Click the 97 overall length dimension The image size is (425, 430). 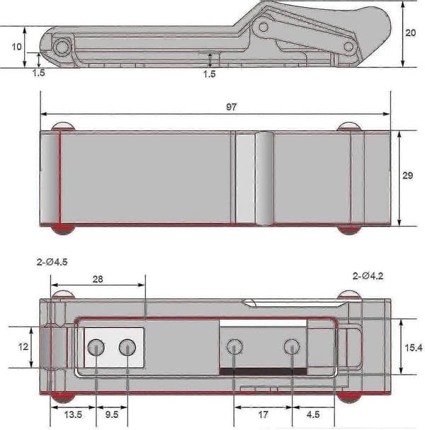(231, 107)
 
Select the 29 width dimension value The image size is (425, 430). (407, 175)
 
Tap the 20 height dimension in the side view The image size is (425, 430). (410, 33)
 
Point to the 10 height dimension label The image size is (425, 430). (16, 47)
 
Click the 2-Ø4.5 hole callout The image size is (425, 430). (52, 262)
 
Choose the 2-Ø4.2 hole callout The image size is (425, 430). (368, 276)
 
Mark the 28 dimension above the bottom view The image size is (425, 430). (98, 279)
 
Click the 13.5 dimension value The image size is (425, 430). (73, 414)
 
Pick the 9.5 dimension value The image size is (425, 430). (112, 414)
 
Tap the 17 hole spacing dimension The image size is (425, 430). (263, 414)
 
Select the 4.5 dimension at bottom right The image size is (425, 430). (313, 414)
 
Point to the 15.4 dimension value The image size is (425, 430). (414, 348)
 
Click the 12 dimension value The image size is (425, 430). (23, 347)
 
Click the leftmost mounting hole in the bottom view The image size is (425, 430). (96, 347)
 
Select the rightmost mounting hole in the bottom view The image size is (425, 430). (291, 346)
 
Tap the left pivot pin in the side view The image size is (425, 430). (61, 47)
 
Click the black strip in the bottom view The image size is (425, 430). (263, 371)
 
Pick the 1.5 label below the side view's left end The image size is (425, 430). (39, 73)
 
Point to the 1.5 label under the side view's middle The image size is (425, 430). (210, 74)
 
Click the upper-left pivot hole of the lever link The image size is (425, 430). (263, 27)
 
